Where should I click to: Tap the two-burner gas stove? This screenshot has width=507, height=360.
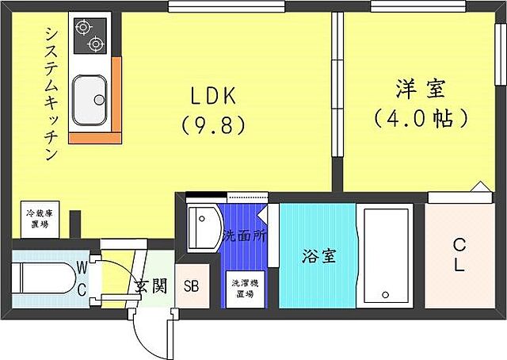pos(89,35)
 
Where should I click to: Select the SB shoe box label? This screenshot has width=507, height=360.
pos(192,287)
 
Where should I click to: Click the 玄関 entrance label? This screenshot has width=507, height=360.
pos(150,286)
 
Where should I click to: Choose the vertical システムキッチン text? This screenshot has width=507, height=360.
pos(50,94)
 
